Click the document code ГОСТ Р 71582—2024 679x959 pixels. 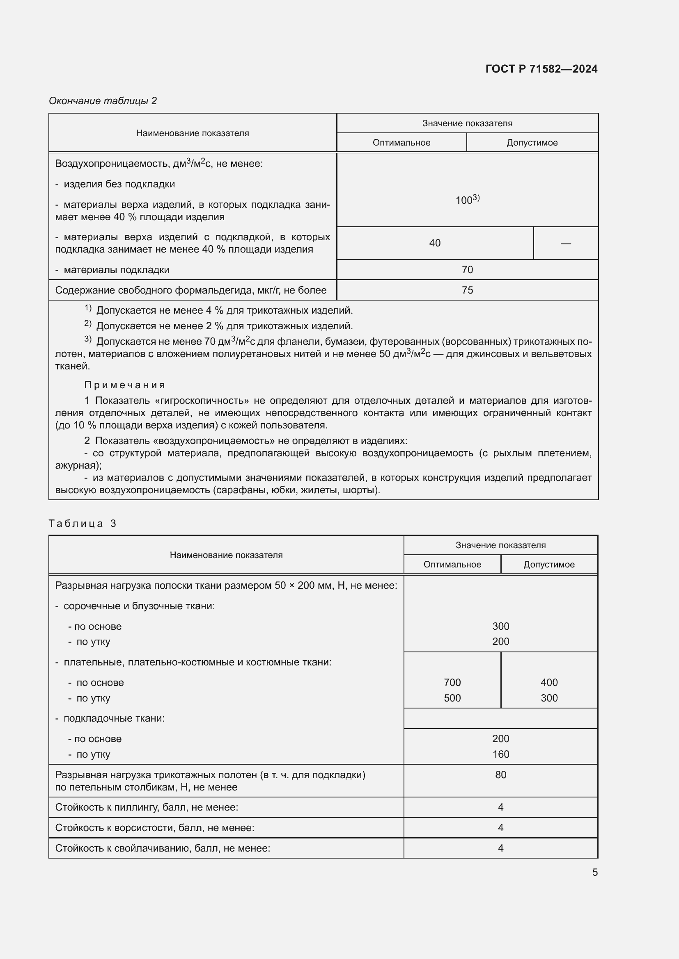click(541, 69)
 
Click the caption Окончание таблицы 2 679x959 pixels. click(103, 101)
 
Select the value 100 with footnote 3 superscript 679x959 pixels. click(467, 200)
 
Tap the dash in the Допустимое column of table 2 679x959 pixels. click(565, 243)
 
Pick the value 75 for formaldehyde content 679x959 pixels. click(467, 290)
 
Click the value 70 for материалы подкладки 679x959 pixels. click(467, 269)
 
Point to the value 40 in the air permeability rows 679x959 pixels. click(434, 243)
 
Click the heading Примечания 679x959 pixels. click(125, 385)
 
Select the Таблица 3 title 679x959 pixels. click(83, 523)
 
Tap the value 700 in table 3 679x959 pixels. click(452, 682)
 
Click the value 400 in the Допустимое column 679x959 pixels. click(548, 682)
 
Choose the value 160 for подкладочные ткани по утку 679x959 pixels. click(500, 754)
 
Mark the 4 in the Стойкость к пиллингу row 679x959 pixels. click(500, 807)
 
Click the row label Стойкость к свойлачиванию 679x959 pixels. click(162, 848)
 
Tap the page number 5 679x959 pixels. click(594, 872)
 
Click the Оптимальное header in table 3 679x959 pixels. click(452, 564)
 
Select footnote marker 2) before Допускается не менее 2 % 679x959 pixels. click(88, 324)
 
